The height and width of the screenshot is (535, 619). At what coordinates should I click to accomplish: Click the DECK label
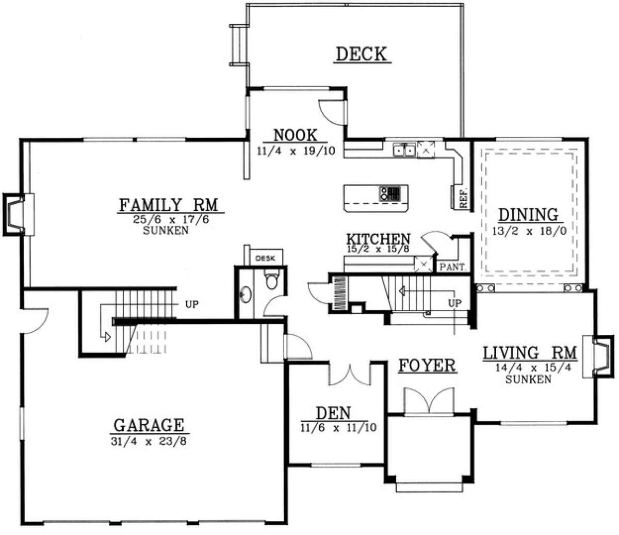[362, 54]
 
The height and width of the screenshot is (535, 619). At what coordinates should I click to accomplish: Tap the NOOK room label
[295, 135]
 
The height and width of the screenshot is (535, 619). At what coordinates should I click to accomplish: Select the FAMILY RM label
[169, 205]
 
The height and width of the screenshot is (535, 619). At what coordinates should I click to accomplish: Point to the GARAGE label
[149, 425]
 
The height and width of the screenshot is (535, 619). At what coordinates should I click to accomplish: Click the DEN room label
[333, 413]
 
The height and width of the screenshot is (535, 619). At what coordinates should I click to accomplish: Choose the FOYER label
[427, 365]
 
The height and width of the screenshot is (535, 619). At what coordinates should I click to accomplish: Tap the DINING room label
[529, 215]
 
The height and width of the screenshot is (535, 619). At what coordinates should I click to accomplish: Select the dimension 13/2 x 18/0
[529, 231]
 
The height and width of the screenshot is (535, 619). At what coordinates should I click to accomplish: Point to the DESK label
[265, 258]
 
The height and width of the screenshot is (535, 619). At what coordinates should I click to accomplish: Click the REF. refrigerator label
[464, 198]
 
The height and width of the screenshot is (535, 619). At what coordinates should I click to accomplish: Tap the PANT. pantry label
[453, 267]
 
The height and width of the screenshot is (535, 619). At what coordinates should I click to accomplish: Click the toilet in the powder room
[271, 279]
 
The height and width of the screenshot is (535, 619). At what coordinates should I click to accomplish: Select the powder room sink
[246, 295]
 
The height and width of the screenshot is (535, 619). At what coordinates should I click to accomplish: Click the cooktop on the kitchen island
[390, 193]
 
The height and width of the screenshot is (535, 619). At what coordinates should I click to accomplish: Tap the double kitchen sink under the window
[404, 150]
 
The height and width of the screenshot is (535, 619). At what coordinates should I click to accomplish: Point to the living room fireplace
[598, 356]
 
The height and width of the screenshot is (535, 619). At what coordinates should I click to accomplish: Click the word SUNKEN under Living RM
[528, 380]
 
